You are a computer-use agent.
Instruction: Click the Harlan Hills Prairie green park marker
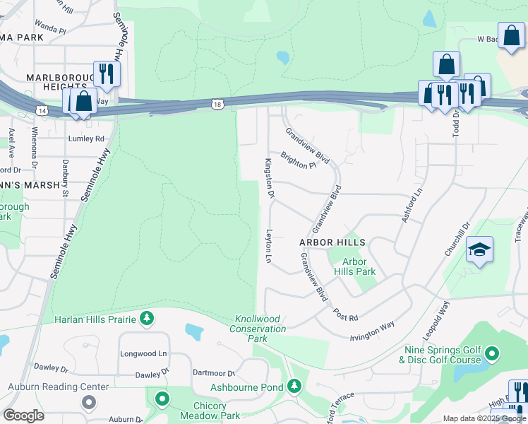coord(146,319)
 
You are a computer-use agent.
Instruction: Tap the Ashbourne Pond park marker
coord(294,387)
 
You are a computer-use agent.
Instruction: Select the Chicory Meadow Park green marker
coord(162,400)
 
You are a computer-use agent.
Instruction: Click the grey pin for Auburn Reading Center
coord(88,402)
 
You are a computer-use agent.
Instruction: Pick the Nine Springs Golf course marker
coord(493,353)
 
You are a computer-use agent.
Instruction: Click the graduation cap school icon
coord(479,250)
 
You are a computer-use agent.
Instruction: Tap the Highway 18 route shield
coord(217,104)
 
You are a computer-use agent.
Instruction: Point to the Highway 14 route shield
coord(42,110)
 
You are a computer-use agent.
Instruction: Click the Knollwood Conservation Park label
coord(258,329)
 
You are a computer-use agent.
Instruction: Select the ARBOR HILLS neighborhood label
coord(332,242)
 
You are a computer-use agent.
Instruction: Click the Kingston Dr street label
coord(268,177)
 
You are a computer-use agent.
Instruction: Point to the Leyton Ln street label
coord(269,246)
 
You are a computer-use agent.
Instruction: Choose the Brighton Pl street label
coord(299,160)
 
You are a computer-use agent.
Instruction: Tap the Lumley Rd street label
coord(86,139)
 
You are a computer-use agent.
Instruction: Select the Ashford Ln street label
coord(412,206)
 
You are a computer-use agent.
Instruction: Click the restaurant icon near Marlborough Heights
coord(107,73)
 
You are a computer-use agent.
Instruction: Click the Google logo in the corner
coord(23,415)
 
